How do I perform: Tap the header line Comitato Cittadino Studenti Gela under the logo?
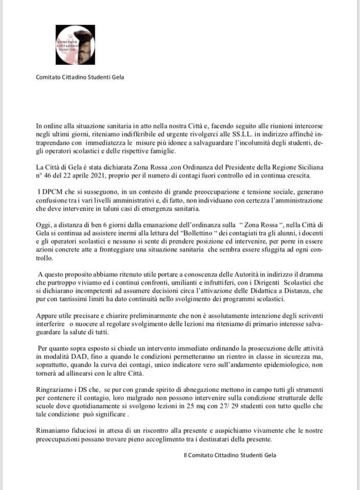[x=80, y=78]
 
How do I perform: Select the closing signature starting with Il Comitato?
[x=230, y=455]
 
